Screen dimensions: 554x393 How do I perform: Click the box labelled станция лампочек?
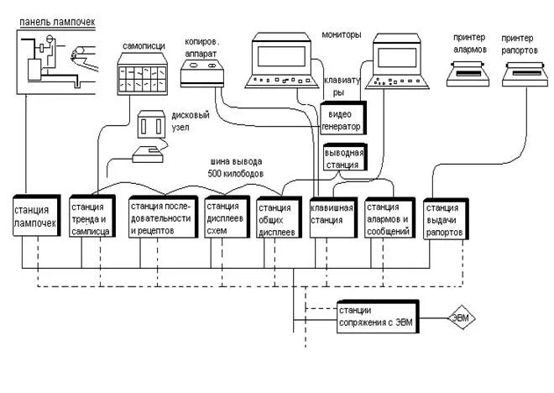pos(37,215)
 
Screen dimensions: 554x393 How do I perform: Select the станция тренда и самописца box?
pos(92,216)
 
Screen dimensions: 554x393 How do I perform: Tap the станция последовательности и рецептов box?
pos(163,217)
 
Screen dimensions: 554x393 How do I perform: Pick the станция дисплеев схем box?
pos(227,217)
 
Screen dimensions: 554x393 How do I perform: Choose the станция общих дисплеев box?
pos(280,217)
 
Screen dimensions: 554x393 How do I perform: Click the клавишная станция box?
pos(333,217)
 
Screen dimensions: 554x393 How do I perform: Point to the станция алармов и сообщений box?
pos(389,217)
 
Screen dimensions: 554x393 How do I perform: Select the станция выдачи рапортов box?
pos(447,219)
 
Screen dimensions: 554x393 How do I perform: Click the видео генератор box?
pos(343,118)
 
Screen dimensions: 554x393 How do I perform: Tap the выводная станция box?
pos(346,157)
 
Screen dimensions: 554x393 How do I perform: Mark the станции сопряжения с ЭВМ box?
pos(378,317)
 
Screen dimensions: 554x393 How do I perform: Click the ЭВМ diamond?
pos(462,317)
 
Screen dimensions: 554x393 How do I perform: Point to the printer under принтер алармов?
pos(468,74)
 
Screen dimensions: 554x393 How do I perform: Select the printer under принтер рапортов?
pos(525,74)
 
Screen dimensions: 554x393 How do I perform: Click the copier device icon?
pos(202,73)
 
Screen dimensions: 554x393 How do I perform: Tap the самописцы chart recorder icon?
pos(143,74)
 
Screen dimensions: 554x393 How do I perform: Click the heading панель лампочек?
pos(57,23)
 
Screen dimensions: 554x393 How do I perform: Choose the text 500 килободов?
pos(236,174)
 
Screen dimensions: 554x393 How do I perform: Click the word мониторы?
pos(342,34)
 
